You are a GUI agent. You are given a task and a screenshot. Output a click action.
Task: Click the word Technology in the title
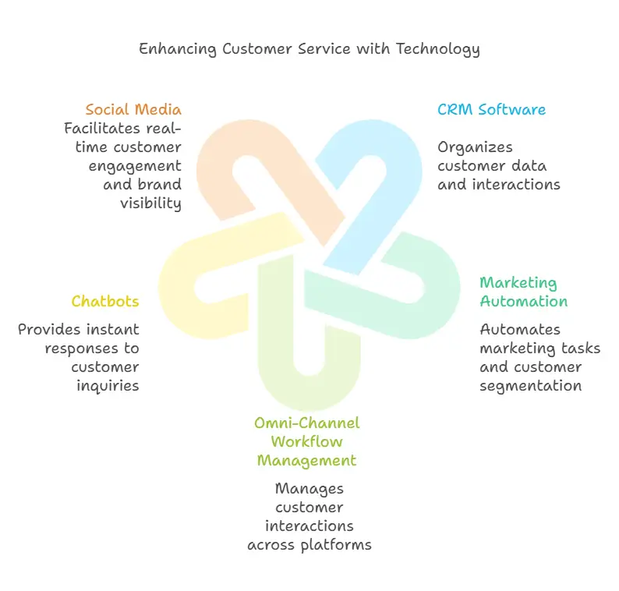[x=437, y=48]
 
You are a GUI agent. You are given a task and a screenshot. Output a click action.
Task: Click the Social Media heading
[x=133, y=109]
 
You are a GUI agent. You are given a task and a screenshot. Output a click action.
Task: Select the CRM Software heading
[x=491, y=109]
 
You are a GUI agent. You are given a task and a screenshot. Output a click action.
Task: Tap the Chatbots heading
[x=105, y=301]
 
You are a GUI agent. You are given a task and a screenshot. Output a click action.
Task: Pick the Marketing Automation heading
[x=523, y=292]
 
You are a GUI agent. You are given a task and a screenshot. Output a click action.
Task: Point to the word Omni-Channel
[x=307, y=423]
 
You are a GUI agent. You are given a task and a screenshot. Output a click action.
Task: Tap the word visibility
[x=150, y=203]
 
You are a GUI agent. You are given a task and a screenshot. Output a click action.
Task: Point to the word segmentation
[x=530, y=385]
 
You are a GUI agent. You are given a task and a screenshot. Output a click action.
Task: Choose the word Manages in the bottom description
[x=309, y=488]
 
